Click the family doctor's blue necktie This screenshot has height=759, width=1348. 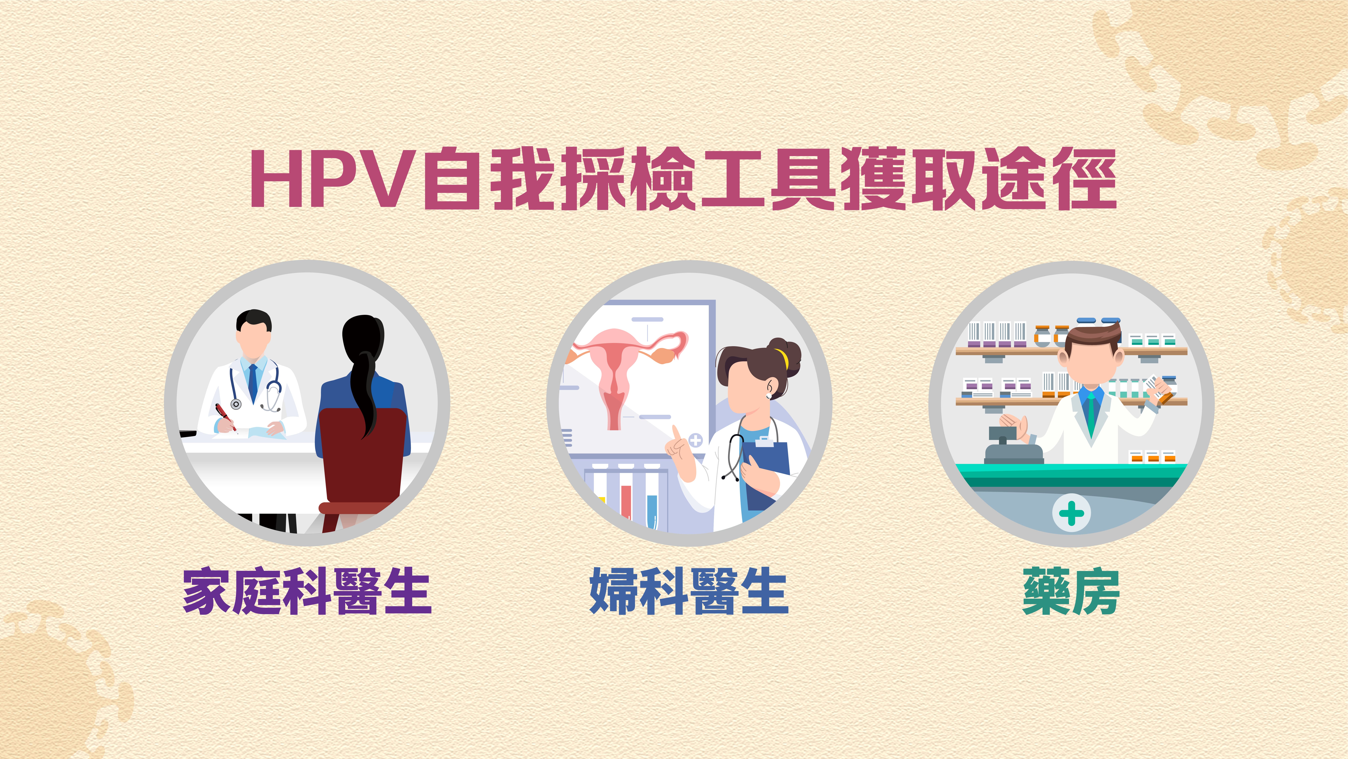pyautogui.click(x=253, y=382)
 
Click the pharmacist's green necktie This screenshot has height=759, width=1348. pyautogui.click(x=1091, y=414)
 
